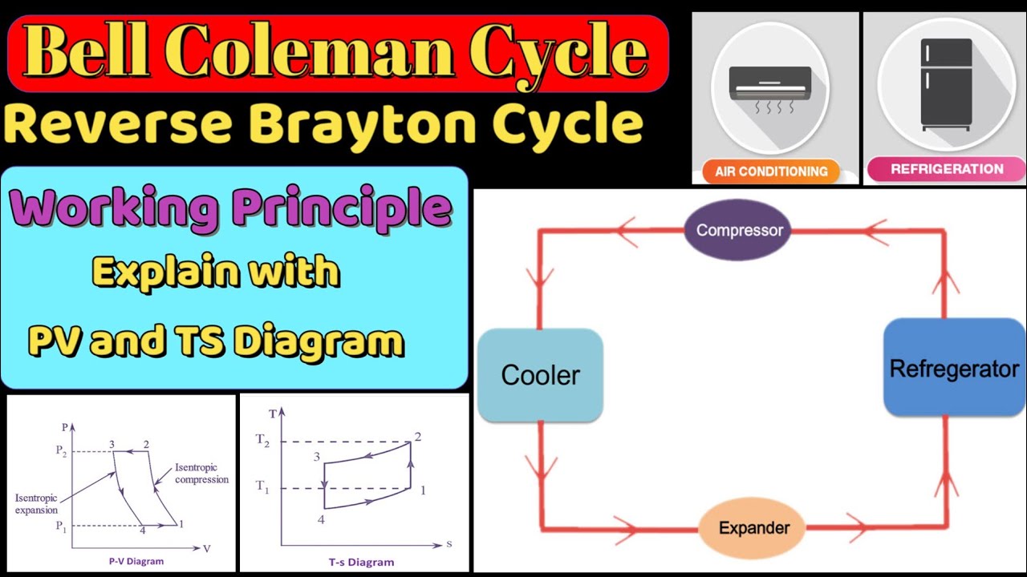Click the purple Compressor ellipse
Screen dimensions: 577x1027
(x=739, y=230)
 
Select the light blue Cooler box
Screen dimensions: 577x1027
(x=540, y=375)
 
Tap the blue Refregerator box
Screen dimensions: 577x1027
(x=954, y=369)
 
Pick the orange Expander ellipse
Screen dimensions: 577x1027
(x=753, y=527)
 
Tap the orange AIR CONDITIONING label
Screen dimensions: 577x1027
(x=771, y=171)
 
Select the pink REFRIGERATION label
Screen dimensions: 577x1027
(x=947, y=169)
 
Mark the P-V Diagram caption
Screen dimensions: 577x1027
(x=136, y=561)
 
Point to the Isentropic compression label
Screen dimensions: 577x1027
(x=201, y=474)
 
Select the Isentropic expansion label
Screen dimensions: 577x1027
(x=37, y=504)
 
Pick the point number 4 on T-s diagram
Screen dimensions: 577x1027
(x=320, y=520)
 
